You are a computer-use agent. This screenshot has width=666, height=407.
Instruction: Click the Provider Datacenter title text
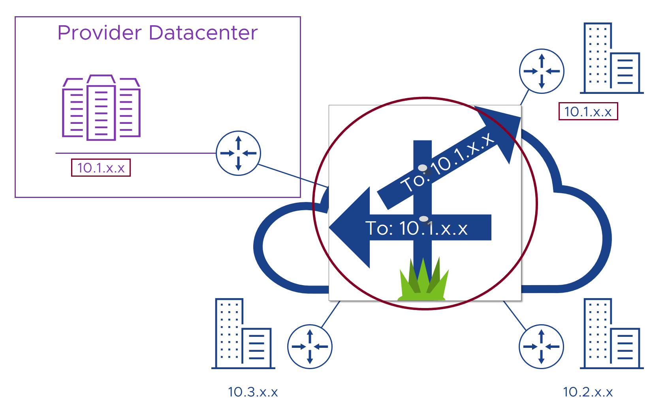(157, 33)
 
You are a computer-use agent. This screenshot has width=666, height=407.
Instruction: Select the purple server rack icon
(101, 108)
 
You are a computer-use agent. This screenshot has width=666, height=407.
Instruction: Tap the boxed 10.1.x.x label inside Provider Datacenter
(101, 168)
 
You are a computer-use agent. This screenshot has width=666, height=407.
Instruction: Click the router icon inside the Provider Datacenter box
(238, 153)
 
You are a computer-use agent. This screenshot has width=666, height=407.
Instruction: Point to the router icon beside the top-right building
(542, 71)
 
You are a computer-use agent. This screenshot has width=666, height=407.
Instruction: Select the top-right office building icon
(611, 58)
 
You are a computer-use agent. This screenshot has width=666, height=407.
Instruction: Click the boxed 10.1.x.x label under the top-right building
(588, 112)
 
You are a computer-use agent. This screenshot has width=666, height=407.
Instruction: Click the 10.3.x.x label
(253, 392)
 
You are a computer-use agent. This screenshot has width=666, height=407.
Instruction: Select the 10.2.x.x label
(588, 392)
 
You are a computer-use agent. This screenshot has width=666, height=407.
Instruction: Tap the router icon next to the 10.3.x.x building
(310, 347)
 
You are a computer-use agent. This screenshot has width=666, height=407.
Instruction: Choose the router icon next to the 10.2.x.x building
(542, 347)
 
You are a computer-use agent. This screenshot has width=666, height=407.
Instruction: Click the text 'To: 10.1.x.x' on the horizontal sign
(416, 228)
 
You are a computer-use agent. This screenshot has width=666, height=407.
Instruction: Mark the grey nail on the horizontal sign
(423, 219)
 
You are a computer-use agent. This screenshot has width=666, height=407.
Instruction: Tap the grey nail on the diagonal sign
(423, 168)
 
